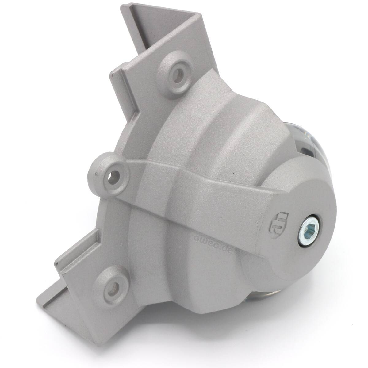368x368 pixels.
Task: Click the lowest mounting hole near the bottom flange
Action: [x=113, y=291]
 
